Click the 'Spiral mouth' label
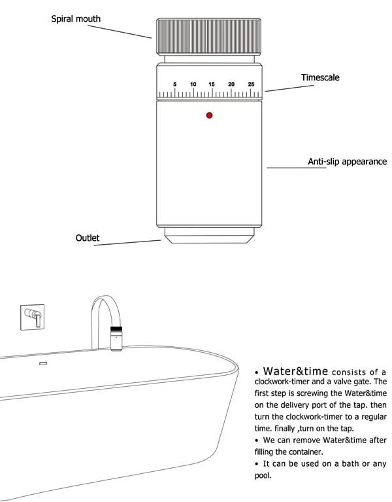pos(76,19)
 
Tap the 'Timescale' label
pos(320,77)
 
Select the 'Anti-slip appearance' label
pos(347,161)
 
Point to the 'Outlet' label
pos(88,238)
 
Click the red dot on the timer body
pos(209,115)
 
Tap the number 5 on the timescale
pos(174,84)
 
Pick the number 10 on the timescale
pos(193,84)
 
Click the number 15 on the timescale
pos(212,84)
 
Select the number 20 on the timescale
pos(231,84)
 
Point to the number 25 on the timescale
pos(251,84)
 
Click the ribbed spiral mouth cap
pos(209,37)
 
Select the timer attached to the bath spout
pos(118,337)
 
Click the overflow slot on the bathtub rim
pos(44,363)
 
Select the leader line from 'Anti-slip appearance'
pos(295,168)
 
